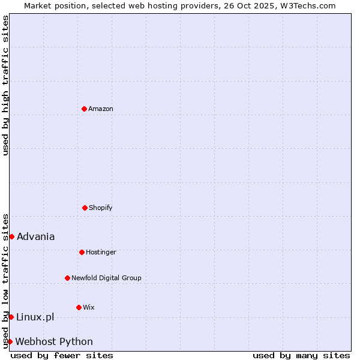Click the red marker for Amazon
tap(84, 109)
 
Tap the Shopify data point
tap(85, 208)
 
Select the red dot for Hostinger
tap(82, 252)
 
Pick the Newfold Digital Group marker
tap(67, 278)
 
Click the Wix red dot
tap(79, 307)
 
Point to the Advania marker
tap(11, 236)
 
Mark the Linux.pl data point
tap(11, 317)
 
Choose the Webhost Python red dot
tap(10, 341)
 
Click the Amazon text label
tap(101, 109)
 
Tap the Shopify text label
tap(101, 208)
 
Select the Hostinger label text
tap(101, 252)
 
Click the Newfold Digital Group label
tap(106, 278)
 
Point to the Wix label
tap(89, 307)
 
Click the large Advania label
tap(36, 236)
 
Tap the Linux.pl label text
tap(35, 317)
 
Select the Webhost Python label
tap(54, 341)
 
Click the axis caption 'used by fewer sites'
tap(62, 355)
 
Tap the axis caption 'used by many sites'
tap(301, 355)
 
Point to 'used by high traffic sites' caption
tap(5, 85)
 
